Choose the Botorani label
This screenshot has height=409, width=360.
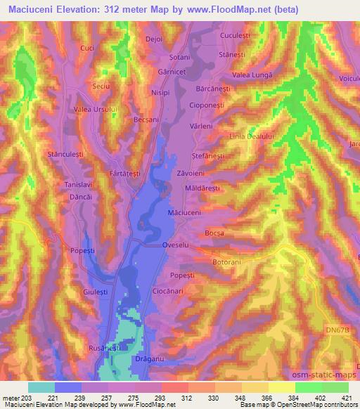click(226, 262)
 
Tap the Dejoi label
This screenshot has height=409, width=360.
click(154, 39)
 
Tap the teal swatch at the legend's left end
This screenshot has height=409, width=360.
click(41, 387)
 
